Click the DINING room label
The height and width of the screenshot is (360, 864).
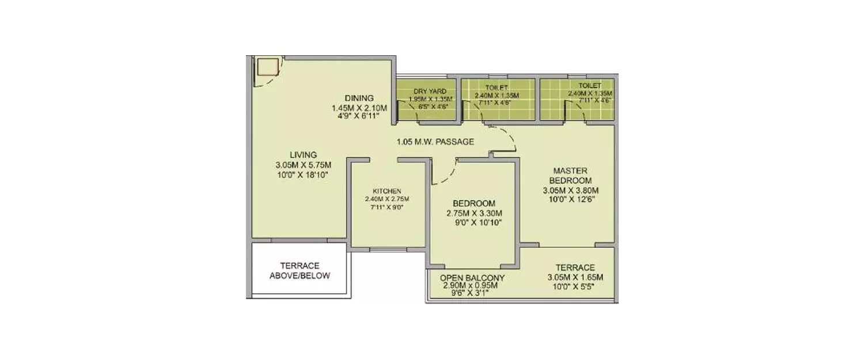pos(359,98)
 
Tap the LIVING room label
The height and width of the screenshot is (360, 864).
pos(303,155)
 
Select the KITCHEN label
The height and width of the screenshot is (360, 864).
pos(386,191)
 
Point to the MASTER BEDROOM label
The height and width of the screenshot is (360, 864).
pos(570,176)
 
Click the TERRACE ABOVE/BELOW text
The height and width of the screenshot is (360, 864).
pos(300,271)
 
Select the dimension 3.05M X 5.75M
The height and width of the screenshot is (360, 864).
pos(303,165)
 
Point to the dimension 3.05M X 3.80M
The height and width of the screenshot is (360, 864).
pos(570,191)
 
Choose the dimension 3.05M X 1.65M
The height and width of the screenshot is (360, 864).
pos(575,278)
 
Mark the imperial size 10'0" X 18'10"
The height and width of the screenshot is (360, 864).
pos(303,175)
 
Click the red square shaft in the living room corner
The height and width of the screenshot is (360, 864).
pos(267,67)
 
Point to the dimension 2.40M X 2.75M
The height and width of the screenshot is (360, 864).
pos(386,199)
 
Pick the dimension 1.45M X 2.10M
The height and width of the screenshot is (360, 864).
pos(359,108)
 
